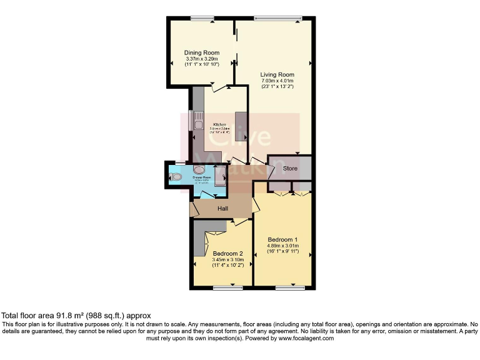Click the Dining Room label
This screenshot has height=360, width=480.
click(x=199, y=52)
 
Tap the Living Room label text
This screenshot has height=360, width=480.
click(x=277, y=74)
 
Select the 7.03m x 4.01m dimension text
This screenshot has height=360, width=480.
click(x=277, y=81)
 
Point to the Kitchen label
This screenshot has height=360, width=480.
click(x=219, y=124)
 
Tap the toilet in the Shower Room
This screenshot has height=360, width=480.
click(x=176, y=177)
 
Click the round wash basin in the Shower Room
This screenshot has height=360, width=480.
click(x=199, y=169)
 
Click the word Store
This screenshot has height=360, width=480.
click(x=290, y=169)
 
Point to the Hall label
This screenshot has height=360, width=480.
click(x=222, y=208)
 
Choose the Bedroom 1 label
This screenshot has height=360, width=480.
click(x=282, y=240)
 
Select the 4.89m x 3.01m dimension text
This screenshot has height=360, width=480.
click(x=282, y=246)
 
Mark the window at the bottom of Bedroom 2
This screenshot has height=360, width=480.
click(x=227, y=288)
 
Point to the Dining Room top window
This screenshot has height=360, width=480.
click(x=202, y=18)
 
